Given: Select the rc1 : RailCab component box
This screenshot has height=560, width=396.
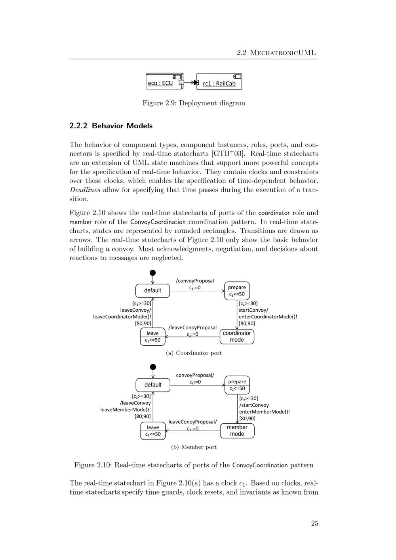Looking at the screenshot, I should pyautogui.click(x=219, y=82).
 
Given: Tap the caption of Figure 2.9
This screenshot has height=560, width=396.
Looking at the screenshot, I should pyautogui.click(x=194, y=103).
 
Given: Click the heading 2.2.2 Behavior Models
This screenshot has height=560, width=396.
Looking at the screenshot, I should pyautogui.click(x=111, y=126).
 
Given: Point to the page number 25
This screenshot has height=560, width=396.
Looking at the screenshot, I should pyautogui.click(x=314, y=524).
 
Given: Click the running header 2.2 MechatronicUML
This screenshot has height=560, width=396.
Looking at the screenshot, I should pyautogui.click(x=276, y=53).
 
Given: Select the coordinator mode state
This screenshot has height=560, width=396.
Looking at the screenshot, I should pyautogui.click(x=237, y=337).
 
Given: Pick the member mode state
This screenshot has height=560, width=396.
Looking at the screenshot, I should pyautogui.click(x=237, y=430).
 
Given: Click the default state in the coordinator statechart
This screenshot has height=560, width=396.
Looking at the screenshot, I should pyautogui.click(x=152, y=291).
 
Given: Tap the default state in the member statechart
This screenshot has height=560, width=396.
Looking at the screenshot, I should pyautogui.click(x=153, y=385).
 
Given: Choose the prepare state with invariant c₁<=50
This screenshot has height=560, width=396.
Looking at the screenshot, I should pyautogui.click(x=237, y=291).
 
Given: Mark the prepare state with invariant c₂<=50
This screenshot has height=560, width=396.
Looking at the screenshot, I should pyautogui.click(x=237, y=385).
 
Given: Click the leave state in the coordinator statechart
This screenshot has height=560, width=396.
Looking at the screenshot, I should pyautogui.click(x=152, y=337).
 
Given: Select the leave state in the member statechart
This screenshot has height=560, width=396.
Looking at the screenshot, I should pyautogui.click(x=153, y=430).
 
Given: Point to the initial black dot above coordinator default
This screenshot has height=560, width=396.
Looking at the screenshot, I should pyautogui.click(x=152, y=273).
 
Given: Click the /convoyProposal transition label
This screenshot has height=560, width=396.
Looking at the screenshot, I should pyautogui.click(x=195, y=281).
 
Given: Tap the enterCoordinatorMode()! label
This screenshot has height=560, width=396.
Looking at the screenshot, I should pyautogui.click(x=268, y=317).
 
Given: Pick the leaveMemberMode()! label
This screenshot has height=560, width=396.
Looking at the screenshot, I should pyautogui.click(x=126, y=410).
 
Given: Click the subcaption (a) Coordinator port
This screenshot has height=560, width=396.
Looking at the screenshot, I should pyautogui.click(x=194, y=353).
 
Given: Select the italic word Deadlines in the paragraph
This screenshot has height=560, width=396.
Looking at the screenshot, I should pyautogui.click(x=85, y=190).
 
